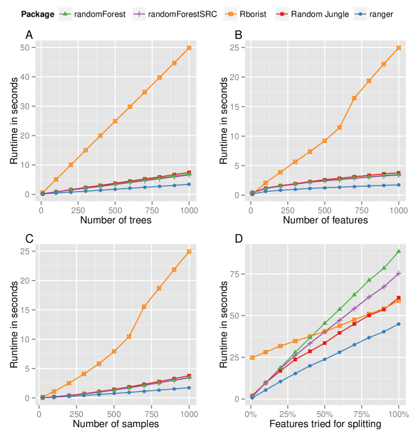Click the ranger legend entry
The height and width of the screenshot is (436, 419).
click(379, 14)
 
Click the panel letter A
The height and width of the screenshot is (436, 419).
click(29, 35)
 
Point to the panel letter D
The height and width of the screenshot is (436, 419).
click(239, 239)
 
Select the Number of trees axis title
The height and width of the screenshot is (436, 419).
click(115, 221)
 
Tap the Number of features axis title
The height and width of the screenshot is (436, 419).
click(325, 221)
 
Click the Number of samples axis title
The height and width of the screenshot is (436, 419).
click(115, 424)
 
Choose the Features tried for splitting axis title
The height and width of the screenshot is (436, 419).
click(325, 424)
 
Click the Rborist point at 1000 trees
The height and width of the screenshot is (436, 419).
click(189, 47)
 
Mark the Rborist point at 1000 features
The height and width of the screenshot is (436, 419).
click(399, 47)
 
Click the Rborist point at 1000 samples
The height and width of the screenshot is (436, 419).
click(189, 252)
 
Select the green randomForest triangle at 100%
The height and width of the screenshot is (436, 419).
click(399, 252)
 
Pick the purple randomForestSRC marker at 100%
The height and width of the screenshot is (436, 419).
click(399, 273)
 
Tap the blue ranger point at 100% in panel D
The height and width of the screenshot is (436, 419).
click(399, 324)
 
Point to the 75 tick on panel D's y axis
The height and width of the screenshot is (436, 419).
click(236, 274)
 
